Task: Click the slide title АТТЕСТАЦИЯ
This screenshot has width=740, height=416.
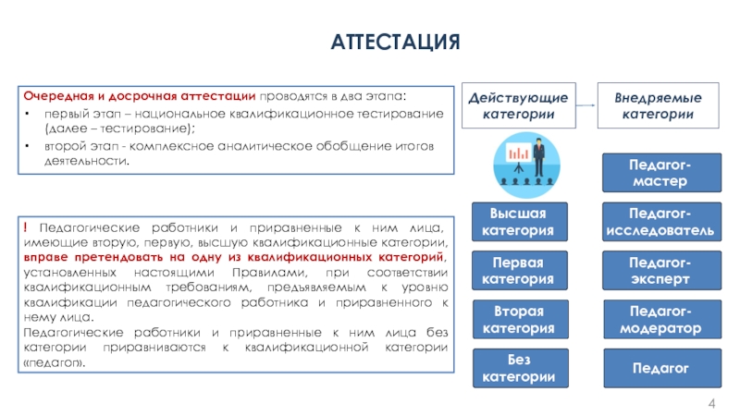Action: [395, 42]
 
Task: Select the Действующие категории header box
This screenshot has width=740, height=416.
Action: [519, 105]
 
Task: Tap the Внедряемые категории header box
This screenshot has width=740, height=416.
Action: [658, 105]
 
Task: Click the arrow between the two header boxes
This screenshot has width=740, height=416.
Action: [586, 105]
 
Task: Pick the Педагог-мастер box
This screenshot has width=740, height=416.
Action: [661, 173]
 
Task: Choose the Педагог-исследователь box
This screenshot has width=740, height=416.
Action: [661, 222]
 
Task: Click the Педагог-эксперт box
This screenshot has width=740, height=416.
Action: [661, 270]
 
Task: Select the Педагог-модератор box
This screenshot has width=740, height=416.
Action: [662, 319]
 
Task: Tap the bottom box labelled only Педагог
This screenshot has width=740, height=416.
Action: [662, 368]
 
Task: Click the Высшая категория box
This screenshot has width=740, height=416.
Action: [520, 222]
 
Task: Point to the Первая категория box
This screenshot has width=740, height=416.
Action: [520, 270]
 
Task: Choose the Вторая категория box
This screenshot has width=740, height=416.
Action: [520, 319]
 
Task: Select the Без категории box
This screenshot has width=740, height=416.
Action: [520, 368]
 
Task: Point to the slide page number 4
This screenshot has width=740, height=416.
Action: [711, 404]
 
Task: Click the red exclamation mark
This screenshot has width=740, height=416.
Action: [26, 227]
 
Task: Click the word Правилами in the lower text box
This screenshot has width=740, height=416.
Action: [269, 273]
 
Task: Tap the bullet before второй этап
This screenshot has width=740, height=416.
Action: [27, 146]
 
